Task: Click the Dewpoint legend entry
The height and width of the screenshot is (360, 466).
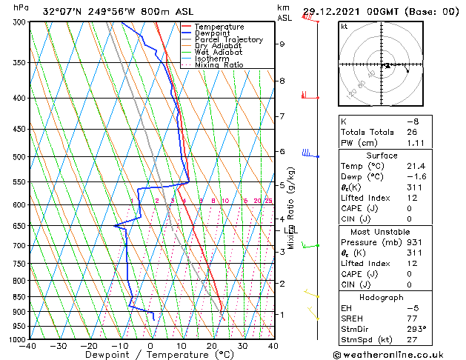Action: click(212, 33)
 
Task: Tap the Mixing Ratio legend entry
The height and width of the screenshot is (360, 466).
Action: click(219, 65)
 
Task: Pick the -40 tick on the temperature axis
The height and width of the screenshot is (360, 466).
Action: click(29, 345)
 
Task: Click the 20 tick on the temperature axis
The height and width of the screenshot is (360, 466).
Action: click(212, 345)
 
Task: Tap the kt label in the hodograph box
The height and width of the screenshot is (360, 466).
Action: click(344, 27)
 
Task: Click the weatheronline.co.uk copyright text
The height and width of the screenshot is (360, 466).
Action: click(400, 354)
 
